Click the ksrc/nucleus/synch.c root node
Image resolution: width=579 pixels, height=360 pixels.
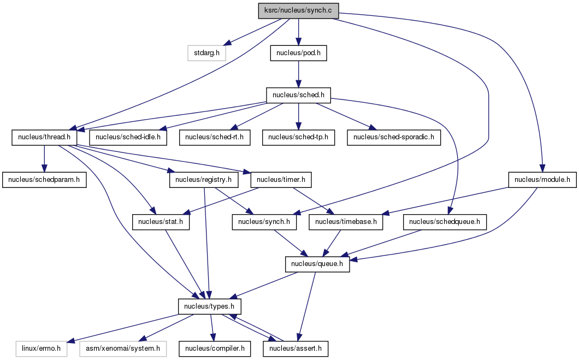(x=298, y=10)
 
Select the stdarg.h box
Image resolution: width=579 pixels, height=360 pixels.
(x=206, y=53)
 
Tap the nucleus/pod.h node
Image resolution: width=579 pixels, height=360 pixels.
(x=298, y=53)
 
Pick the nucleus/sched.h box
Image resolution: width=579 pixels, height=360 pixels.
(x=298, y=95)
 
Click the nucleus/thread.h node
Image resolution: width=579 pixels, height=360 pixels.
(x=44, y=137)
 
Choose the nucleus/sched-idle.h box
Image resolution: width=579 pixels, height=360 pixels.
(x=128, y=137)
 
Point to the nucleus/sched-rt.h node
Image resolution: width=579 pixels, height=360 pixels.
(x=215, y=137)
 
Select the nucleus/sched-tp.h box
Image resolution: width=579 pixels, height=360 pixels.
(x=298, y=137)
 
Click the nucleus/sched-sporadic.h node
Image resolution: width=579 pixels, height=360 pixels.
(x=394, y=137)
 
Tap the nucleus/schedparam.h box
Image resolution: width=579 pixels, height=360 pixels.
(x=44, y=180)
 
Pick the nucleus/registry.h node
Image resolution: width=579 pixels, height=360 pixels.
(x=203, y=180)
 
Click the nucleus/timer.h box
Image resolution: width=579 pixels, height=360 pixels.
(x=281, y=180)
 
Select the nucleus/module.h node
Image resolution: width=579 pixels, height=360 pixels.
(x=542, y=180)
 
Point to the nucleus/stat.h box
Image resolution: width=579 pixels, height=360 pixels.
(x=161, y=222)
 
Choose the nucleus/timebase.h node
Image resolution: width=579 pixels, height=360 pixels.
(x=346, y=222)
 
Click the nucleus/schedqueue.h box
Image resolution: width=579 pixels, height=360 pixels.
(x=445, y=222)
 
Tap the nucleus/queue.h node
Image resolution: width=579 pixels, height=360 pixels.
(x=317, y=264)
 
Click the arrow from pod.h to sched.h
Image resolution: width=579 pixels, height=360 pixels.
(x=298, y=74)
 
